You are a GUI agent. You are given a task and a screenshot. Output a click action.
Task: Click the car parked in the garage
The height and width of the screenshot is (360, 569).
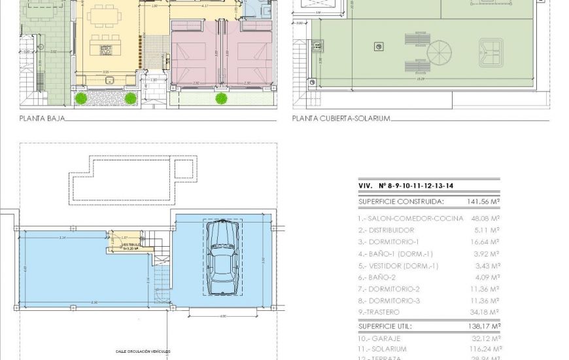click(x=222, y=259)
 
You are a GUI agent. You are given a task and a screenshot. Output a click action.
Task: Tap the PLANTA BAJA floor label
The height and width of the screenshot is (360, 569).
click(x=41, y=118)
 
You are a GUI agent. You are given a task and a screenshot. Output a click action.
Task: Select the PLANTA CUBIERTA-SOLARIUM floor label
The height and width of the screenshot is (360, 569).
click(x=341, y=118)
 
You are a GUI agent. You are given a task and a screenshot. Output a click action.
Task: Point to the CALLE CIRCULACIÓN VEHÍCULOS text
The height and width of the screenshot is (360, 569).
click(x=143, y=351)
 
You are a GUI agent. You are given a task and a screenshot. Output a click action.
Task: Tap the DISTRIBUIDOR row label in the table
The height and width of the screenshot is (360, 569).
click(x=386, y=230)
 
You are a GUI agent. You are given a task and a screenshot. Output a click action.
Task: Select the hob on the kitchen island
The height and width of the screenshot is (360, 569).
click(x=105, y=49)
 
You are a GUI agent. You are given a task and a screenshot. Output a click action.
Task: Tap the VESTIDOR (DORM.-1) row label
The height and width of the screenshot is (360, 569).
click(x=398, y=266)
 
